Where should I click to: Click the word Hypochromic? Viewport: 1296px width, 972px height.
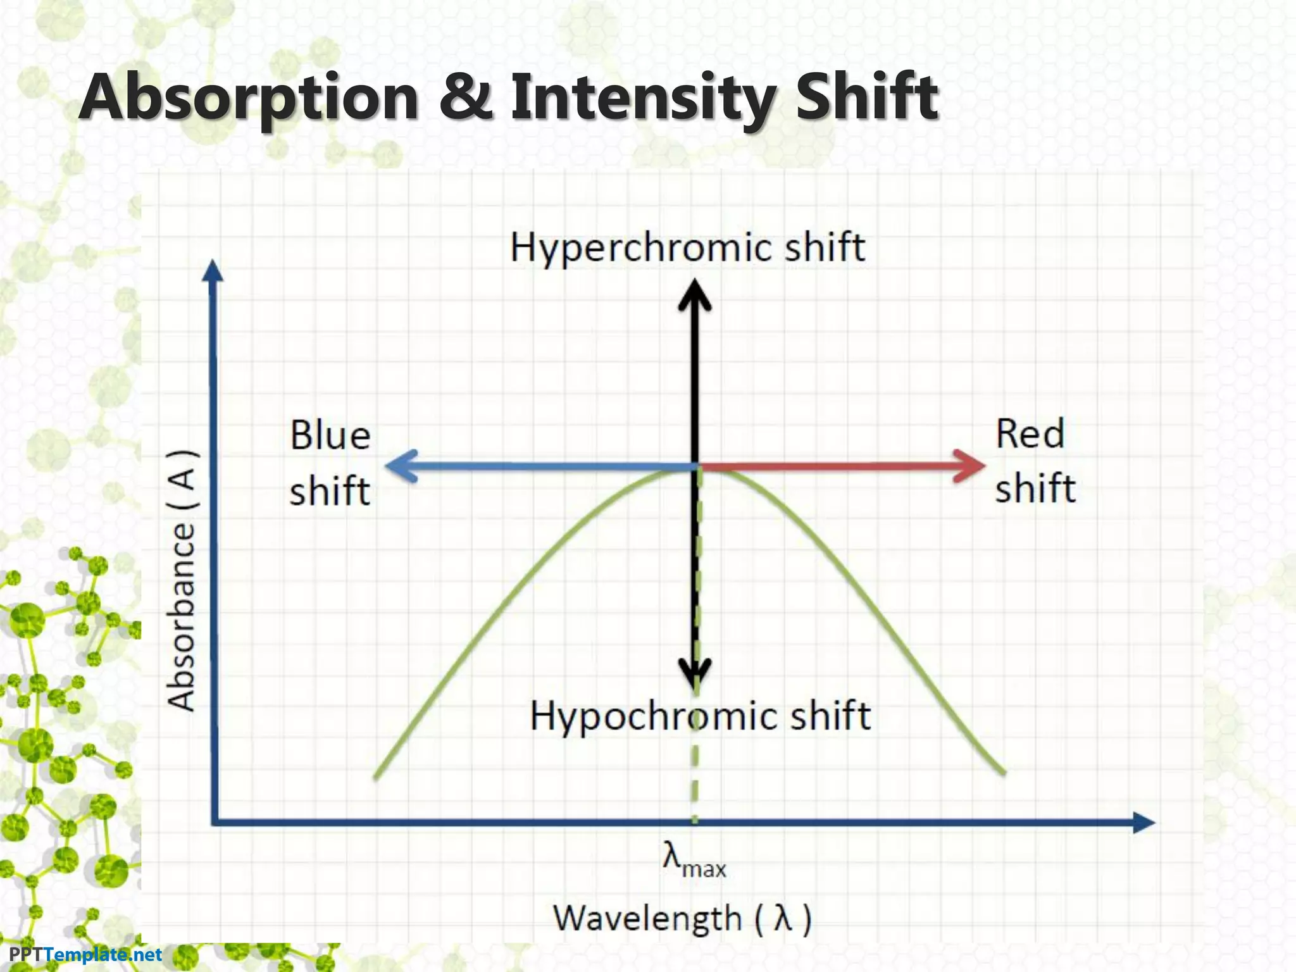click(x=656, y=716)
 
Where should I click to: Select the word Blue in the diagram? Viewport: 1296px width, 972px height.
click(x=330, y=436)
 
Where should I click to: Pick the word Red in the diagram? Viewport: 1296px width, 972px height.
click(x=1030, y=435)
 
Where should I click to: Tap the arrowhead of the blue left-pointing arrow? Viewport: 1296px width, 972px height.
click(x=397, y=466)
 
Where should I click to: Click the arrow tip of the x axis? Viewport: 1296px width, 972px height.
click(x=1147, y=823)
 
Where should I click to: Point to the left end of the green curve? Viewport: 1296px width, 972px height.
click(x=376, y=776)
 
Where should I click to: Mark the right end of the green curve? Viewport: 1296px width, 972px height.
click(x=1004, y=772)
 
